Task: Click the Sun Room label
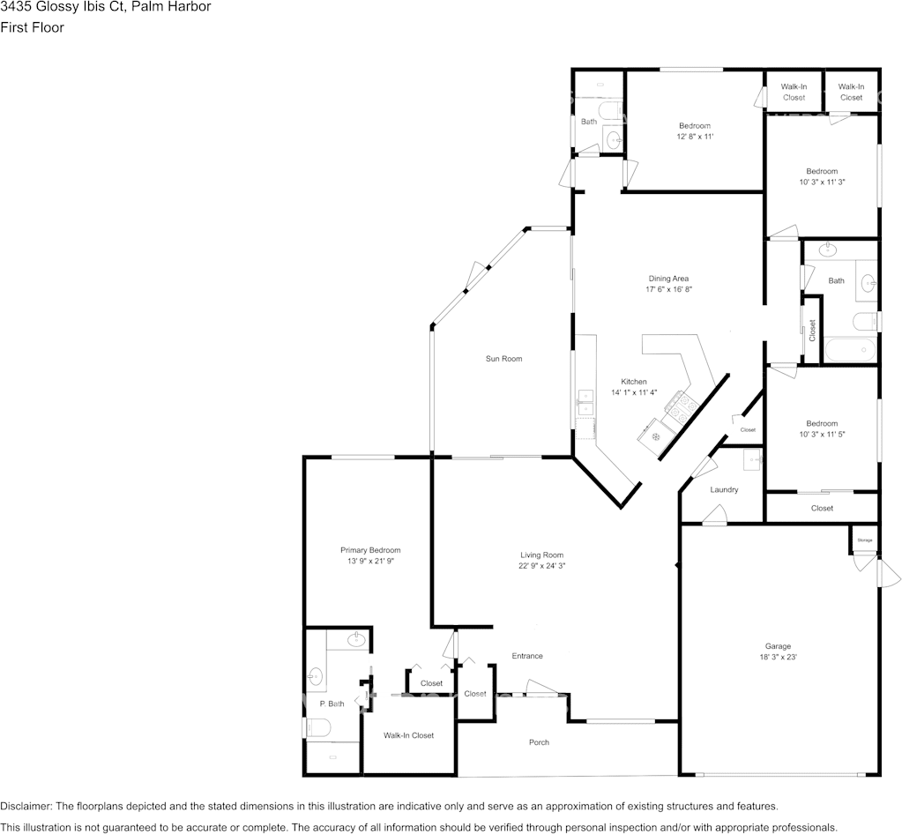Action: [504, 358]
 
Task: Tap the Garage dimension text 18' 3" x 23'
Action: [778, 657]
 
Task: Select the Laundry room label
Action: [724, 489]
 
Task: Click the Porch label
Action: [539, 742]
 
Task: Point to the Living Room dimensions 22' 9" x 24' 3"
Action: [542, 566]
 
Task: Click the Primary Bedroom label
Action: [370, 550]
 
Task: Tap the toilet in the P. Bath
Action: [317, 728]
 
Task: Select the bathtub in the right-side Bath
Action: [850, 350]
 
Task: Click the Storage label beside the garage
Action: [865, 540]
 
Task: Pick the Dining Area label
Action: [668, 279]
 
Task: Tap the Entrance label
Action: [527, 656]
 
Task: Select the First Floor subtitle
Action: [33, 27]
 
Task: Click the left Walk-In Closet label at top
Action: [794, 92]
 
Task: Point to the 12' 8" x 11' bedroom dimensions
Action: [695, 137]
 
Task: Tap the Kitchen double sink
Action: [585, 403]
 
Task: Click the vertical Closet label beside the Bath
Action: [812, 330]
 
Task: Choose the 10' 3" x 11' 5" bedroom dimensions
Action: [822, 435]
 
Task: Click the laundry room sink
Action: [752, 459]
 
